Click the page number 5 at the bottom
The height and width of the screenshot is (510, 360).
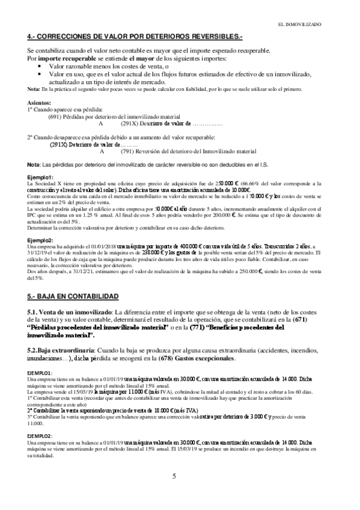(174, 477)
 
